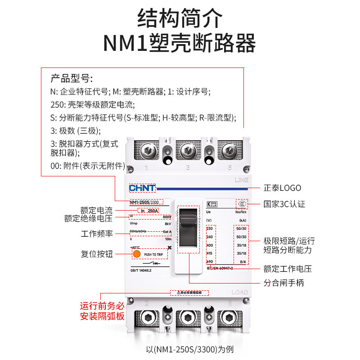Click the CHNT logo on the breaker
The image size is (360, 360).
[x=142, y=188]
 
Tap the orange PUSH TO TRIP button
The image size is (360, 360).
[x=136, y=254]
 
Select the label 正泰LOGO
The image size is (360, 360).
[x=282, y=188]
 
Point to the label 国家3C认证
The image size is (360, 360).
[x=284, y=204]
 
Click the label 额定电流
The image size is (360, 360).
[x=96, y=210]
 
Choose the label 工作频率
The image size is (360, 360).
[x=96, y=234]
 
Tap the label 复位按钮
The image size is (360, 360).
[x=96, y=254]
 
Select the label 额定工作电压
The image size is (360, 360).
[x=288, y=269]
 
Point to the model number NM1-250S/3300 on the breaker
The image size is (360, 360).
[x=146, y=202]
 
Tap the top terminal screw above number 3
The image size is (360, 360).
[x=188, y=152]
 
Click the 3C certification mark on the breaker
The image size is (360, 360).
[x=242, y=204]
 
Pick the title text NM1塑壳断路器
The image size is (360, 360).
[x=180, y=43]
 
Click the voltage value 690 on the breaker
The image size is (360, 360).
[x=209, y=261]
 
